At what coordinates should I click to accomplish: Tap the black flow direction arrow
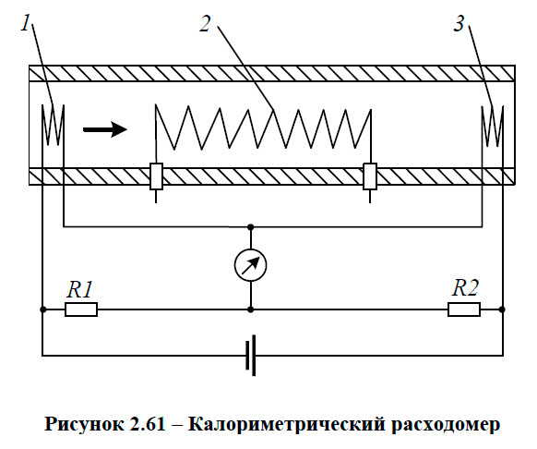click(x=105, y=129)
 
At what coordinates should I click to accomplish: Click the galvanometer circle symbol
click(x=251, y=266)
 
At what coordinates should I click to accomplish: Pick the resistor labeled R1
click(x=81, y=309)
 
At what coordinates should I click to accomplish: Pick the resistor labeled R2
click(x=464, y=309)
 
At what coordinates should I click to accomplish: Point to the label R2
click(x=464, y=288)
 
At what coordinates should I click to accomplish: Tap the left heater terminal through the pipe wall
click(x=156, y=176)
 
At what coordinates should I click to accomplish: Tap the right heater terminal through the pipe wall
click(x=371, y=176)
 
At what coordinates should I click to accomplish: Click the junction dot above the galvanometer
click(x=251, y=225)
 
